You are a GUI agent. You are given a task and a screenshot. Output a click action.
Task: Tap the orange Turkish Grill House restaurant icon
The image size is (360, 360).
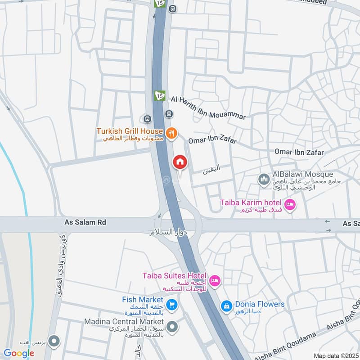click(x=171, y=133)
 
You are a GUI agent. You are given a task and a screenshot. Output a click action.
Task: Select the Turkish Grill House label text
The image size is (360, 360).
click(x=130, y=131)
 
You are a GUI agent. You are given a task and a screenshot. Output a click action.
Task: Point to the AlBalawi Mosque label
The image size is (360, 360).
click(x=303, y=174)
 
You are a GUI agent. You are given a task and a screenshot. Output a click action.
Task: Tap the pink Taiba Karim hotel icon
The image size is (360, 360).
click(x=290, y=204)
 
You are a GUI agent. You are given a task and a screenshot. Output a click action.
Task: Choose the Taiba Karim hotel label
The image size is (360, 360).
click(x=251, y=202)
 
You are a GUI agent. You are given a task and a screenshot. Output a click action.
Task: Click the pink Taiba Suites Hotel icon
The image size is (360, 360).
click(x=215, y=281)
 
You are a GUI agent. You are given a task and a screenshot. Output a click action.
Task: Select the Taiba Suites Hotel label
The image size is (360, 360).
click(x=174, y=275)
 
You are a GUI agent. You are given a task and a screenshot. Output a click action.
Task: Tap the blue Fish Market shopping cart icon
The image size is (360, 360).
click(x=171, y=305)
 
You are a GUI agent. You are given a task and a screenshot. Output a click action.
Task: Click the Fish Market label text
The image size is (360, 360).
click(x=142, y=300)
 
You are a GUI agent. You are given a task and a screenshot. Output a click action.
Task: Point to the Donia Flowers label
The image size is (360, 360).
click(x=260, y=304)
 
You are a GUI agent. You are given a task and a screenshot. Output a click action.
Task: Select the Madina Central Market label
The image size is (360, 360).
click(x=124, y=322)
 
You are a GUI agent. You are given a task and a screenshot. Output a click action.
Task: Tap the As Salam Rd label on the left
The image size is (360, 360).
click(x=80, y=222)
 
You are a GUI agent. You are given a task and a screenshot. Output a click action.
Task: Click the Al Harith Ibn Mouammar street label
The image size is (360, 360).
click(x=208, y=108)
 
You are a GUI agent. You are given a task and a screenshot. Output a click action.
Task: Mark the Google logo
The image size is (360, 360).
click(x=19, y=353)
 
